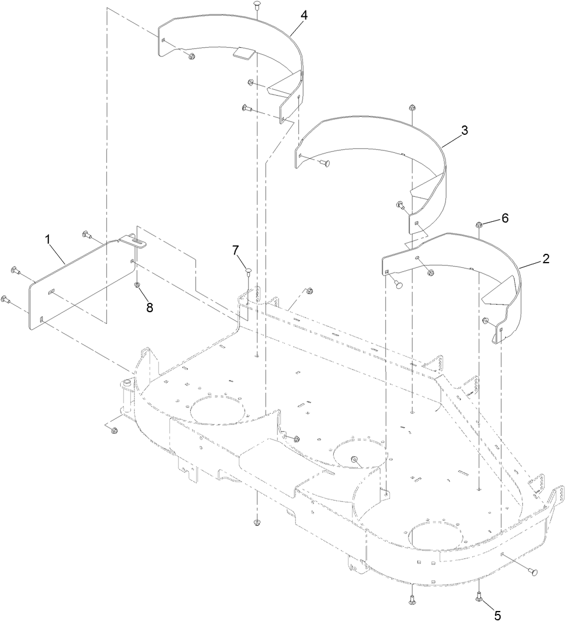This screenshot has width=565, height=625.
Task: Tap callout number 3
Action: point(464,131)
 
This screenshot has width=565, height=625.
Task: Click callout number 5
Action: point(498,614)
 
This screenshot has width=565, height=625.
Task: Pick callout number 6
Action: point(505,218)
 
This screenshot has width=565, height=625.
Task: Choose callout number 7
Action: point(236,250)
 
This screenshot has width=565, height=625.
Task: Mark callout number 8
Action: point(150,308)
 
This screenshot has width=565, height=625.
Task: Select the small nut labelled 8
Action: point(137,285)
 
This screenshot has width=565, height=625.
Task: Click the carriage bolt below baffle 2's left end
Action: point(399,284)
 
